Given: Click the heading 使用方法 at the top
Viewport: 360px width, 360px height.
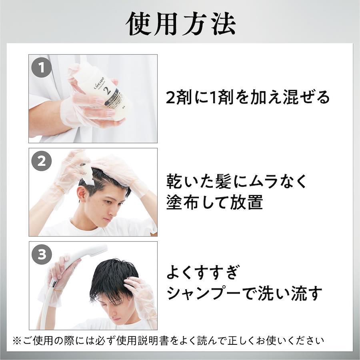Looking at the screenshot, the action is pyautogui.click(x=181, y=24).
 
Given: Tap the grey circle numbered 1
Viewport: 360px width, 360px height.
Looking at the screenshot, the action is pyautogui.click(x=42, y=68).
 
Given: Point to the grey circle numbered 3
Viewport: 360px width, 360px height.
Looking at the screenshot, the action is pyautogui.click(x=42, y=254).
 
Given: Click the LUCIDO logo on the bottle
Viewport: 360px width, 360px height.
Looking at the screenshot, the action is pyautogui.click(x=98, y=83).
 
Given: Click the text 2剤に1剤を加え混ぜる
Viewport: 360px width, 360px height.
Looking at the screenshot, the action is pyautogui.click(x=248, y=97).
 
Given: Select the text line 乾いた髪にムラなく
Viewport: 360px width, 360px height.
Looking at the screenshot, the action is pyautogui.click(x=236, y=181).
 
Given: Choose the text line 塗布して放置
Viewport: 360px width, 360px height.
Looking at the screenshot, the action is pyautogui.click(x=215, y=202).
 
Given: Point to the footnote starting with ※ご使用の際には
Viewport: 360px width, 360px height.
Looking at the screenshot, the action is pyautogui.click(x=168, y=341).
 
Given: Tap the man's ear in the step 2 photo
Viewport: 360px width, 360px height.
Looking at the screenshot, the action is pyautogui.click(x=82, y=194).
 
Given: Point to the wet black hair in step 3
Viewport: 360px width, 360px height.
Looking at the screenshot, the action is pyautogui.click(x=112, y=280).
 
